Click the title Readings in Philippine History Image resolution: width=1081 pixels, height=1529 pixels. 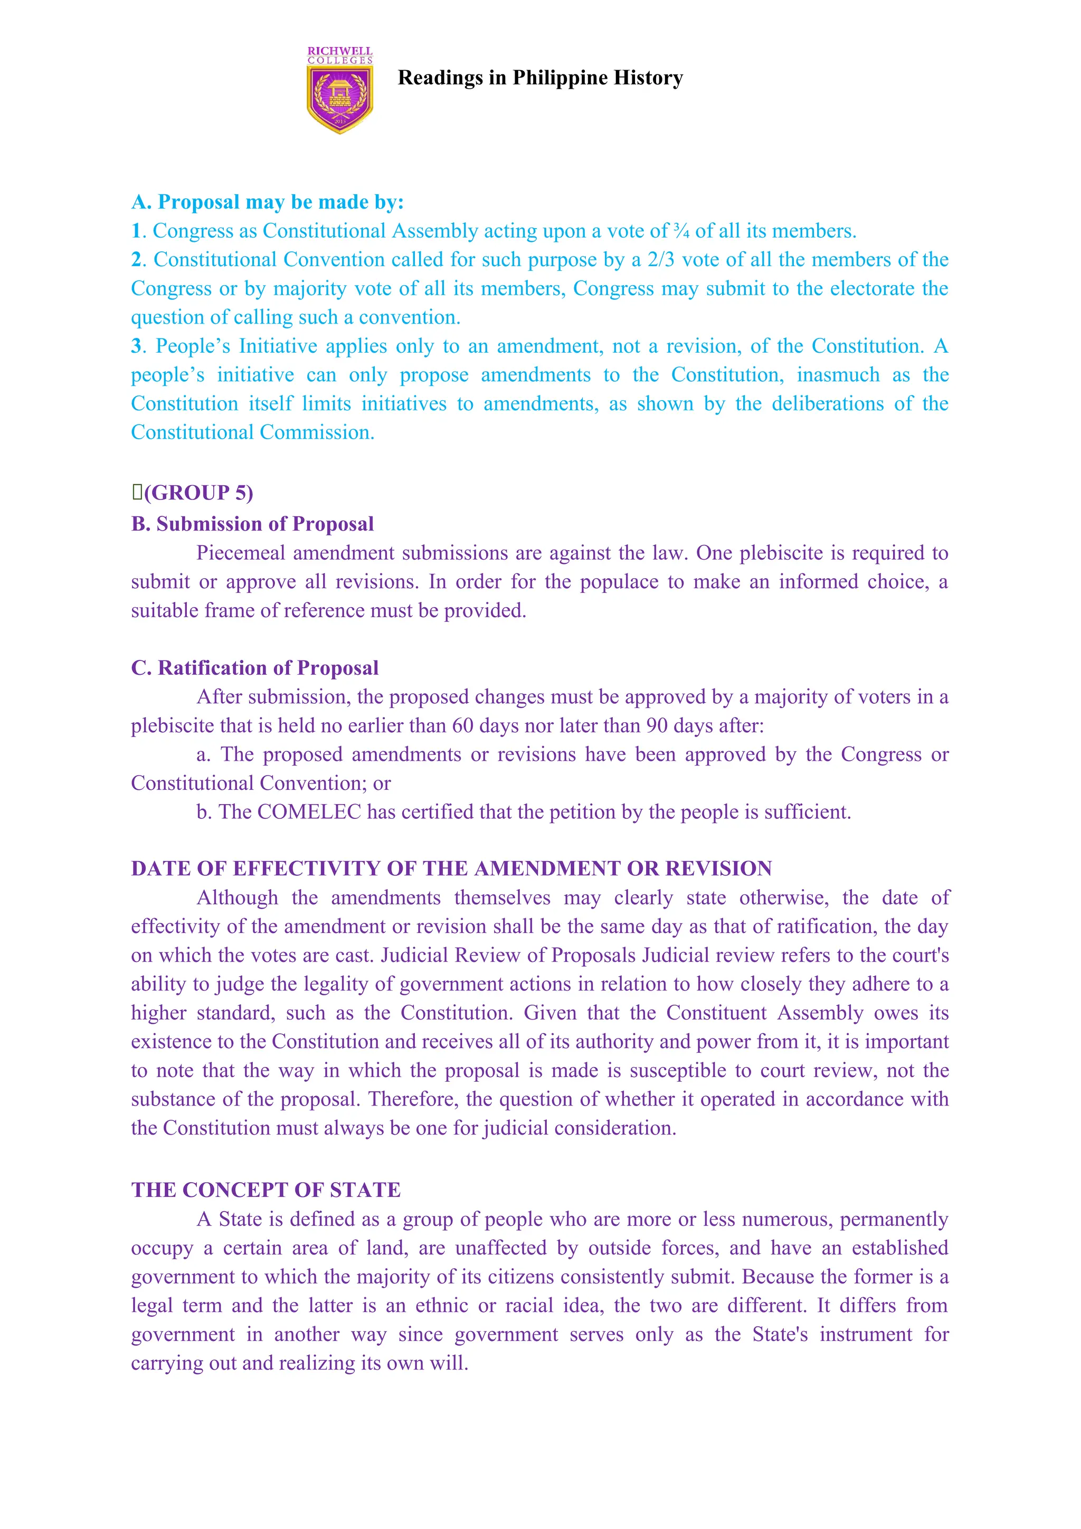(x=540, y=78)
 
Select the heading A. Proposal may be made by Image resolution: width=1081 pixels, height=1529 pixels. (x=268, y=202)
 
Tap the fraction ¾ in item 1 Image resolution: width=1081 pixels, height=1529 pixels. (x=681, y=231)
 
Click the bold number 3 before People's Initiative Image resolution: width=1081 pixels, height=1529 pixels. (x=137, y=346)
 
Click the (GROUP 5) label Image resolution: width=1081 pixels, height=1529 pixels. (x=198, y=493)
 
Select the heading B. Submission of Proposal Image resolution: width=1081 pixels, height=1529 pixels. (x=252, y=524)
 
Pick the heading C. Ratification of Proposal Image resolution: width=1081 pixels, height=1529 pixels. (x=255, y=668)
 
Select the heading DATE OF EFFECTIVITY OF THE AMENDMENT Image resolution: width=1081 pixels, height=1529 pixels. (x=451, y=869)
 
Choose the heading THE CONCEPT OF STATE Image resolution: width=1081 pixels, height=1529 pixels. (x=265, y=1190)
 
